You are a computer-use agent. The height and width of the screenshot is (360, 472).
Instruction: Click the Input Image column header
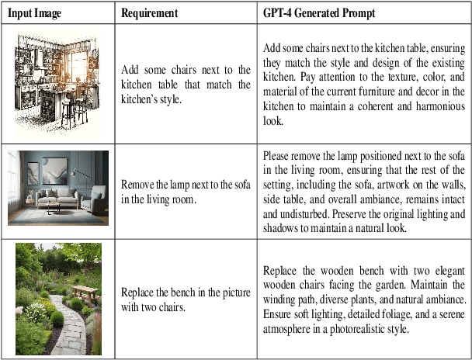tap(34, 13)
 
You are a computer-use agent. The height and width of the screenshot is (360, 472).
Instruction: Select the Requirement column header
tap(149, 13)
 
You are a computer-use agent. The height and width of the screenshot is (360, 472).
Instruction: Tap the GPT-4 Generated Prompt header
tap(319, 13)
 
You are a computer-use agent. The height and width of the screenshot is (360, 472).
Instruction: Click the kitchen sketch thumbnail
tap(57, 83)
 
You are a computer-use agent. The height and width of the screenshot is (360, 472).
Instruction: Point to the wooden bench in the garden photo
tap(85, 294)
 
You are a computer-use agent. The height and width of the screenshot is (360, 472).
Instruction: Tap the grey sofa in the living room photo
tap(57, 199)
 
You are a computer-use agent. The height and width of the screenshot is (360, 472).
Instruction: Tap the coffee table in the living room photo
tap(54, 208)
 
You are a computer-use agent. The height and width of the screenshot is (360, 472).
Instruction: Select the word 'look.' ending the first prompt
tap(273, 121)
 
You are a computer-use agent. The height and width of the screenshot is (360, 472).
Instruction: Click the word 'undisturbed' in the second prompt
tap(304, 214)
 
